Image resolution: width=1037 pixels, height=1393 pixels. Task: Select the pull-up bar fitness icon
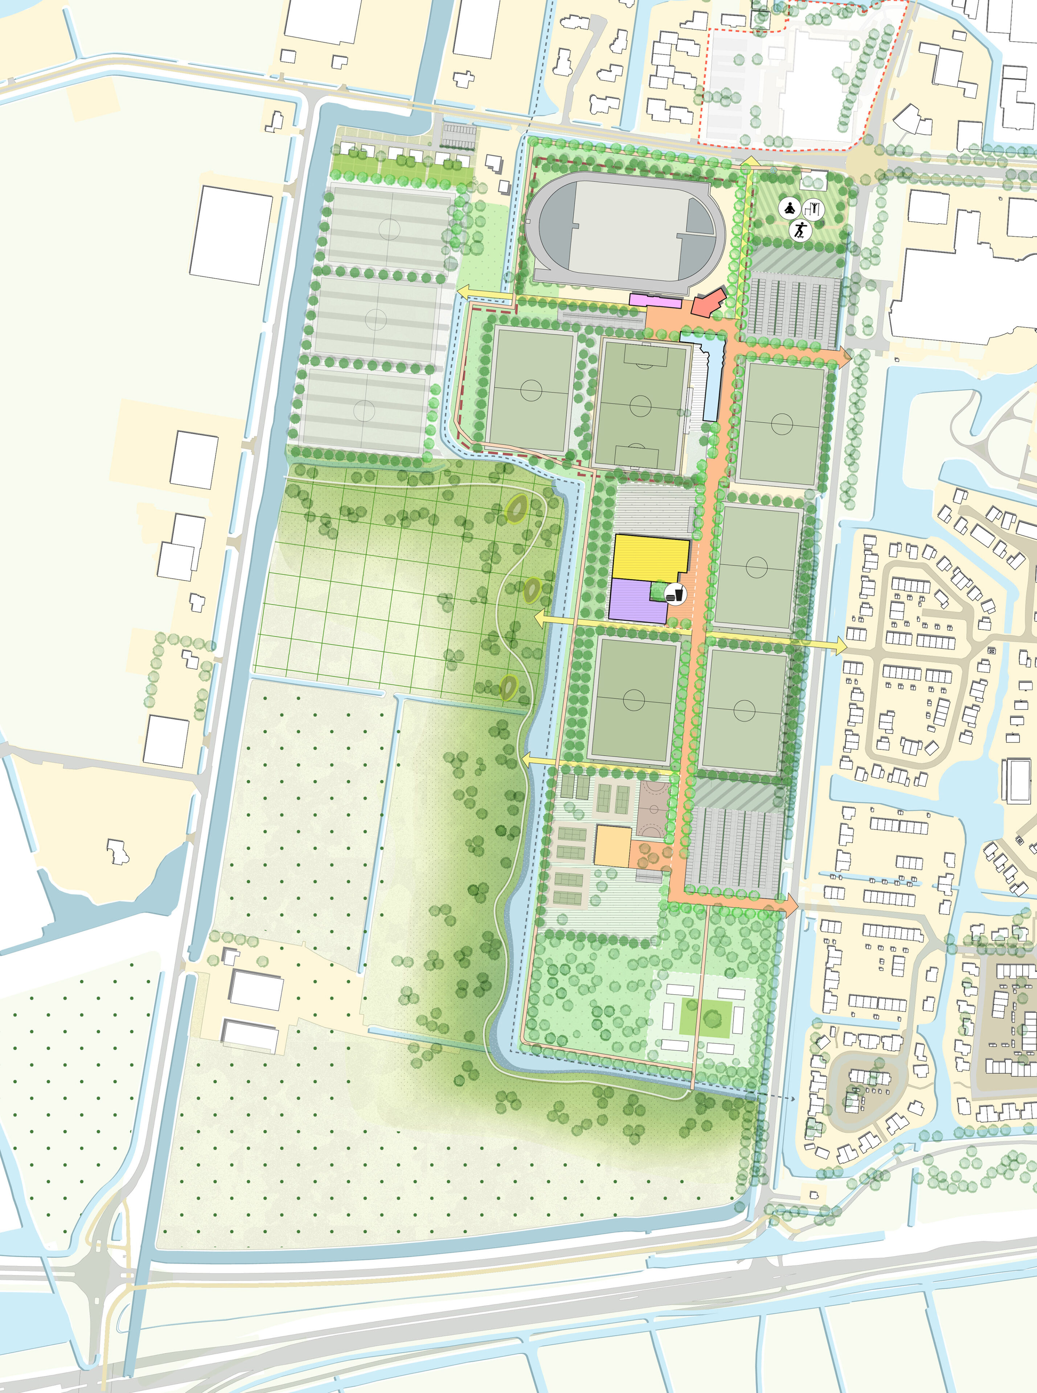[814, 208]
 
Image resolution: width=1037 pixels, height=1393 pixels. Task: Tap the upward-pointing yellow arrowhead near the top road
[747, 161]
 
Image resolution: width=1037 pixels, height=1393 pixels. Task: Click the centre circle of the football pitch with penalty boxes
[640, 405]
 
